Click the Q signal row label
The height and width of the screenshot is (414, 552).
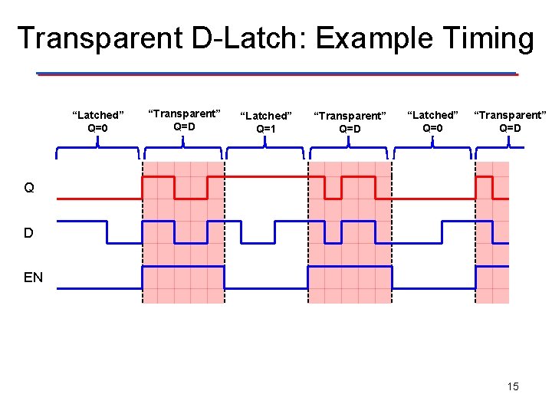pos(29,188)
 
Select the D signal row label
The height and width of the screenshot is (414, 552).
pos(28,232)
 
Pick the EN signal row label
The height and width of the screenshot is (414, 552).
pos(33,278)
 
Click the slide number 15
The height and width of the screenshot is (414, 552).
pos(512,386)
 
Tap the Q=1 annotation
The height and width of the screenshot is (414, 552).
pos(266,129)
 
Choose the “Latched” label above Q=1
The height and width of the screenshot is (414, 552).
pos(266,116)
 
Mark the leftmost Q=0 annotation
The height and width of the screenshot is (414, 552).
pos(97,128)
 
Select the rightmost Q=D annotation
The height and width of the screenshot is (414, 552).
pos(510,128)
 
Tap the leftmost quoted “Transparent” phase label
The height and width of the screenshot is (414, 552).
pos(184,113)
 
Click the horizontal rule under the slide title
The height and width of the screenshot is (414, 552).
pos(276,74)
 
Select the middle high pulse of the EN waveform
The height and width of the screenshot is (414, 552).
pos(349,267)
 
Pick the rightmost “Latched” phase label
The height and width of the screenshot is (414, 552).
pos(432,115)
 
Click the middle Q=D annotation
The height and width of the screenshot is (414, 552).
pos(350,129)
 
